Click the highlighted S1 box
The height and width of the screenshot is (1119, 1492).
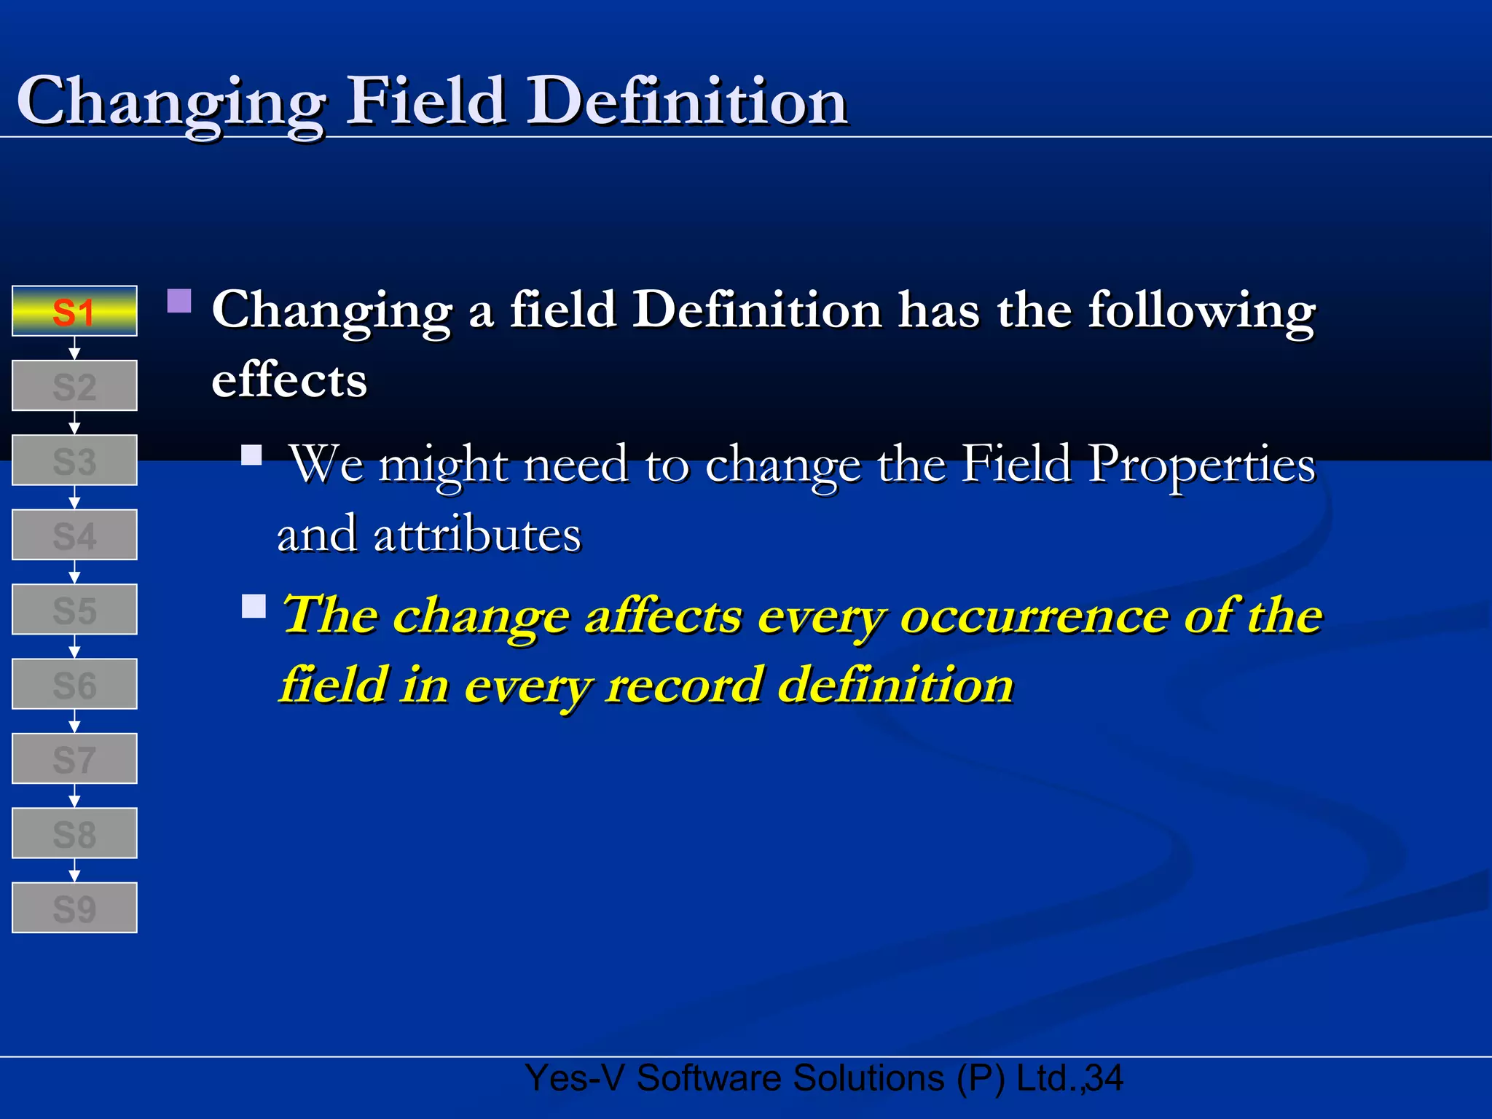point(74,311)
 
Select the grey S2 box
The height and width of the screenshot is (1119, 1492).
point(74,385)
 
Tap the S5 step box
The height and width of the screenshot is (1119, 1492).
point(74,609)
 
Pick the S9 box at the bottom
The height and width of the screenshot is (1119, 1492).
point(74,908)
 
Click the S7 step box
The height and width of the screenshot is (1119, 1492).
point(74,758)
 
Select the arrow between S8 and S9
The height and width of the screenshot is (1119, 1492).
point(74,871)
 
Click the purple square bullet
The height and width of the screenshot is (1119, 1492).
point(179,301)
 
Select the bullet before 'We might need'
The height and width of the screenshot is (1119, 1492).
point(252,455)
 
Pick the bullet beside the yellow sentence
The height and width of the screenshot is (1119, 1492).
point(254,606)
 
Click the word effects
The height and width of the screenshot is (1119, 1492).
point(289,380)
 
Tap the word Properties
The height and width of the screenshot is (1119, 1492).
point(1202,465)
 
